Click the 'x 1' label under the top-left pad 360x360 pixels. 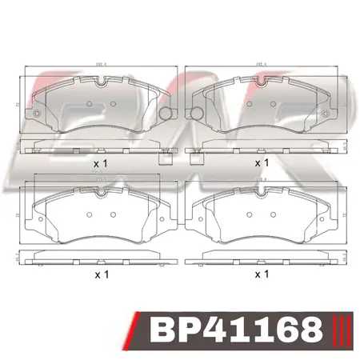pos(101,162)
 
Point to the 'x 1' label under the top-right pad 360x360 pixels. pos(261,162)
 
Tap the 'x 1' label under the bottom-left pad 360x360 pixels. pos(101,274)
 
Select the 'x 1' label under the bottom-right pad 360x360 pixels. pos(261,274)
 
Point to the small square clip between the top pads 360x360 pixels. pos(167,158)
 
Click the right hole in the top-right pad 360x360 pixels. pos(276,104)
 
